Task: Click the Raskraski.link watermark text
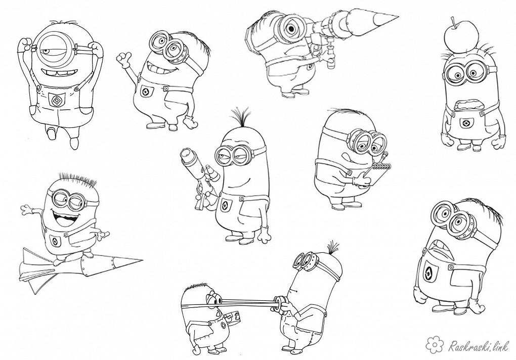pos(479,345)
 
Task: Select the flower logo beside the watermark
pos(435,344)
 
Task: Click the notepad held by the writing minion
pos(375,174)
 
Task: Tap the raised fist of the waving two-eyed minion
pos(124,60)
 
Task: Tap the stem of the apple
pos(454,22)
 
